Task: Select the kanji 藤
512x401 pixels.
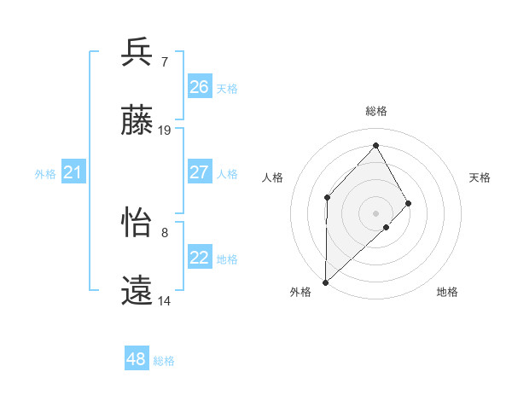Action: click(137, 121)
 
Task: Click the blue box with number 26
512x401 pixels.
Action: click(199, 87)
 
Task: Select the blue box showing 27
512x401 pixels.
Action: click(199, 172)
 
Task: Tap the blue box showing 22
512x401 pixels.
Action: click(199, 258)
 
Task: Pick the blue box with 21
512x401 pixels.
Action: click(73, 173)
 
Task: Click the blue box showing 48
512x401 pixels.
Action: click(137, 359)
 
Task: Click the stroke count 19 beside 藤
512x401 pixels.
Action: click(165, 131)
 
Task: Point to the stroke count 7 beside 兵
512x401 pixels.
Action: click(164, 61)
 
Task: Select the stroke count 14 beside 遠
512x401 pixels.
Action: click(165, 300)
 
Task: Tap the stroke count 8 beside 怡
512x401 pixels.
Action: click(164, 232)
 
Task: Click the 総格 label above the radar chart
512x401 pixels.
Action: click(375, 111)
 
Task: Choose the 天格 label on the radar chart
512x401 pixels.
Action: click(480, 177)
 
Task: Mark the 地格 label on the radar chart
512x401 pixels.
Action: click(447, 292)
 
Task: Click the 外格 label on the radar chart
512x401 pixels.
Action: click(300, 292)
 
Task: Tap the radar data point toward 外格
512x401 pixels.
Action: click(325, 282)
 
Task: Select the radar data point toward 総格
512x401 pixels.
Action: click(375, 145)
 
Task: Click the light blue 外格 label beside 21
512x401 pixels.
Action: click(45, 174)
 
